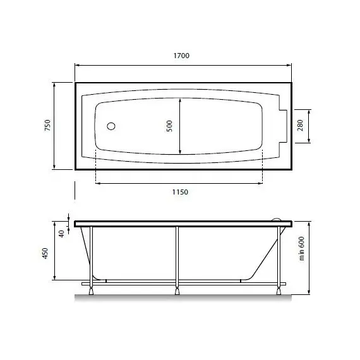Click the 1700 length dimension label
[181, 56]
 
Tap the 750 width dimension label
[47, 125]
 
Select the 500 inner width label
[169, 126]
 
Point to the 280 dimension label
[300, 125]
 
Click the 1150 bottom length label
[180, 192]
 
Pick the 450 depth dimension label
[45, 253]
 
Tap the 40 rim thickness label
[61, 234]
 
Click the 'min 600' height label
[302, 248]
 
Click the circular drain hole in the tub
[111, 126]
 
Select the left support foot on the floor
[92, 291]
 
